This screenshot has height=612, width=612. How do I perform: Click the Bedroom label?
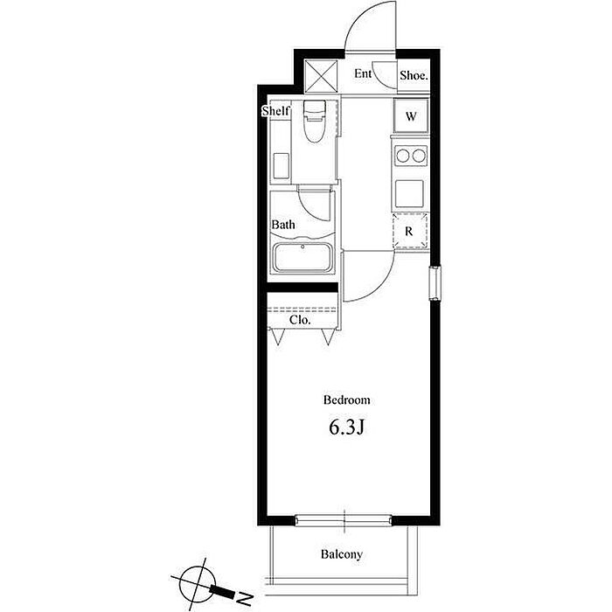pos(346,400)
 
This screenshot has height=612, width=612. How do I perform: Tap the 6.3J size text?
pos(346,428)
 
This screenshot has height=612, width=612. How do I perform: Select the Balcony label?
pos(342,554)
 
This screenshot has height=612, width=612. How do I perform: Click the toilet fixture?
pos(314,121)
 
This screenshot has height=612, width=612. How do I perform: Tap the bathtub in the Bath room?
pos(303,258)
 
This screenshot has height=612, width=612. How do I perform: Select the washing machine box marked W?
pos(411,116)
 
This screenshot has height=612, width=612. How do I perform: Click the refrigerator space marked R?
pos(410,231)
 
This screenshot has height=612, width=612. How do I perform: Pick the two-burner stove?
pos(411,156)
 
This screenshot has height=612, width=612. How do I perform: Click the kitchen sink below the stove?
pos(409,193)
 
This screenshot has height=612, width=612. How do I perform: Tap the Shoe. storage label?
pos(414,75)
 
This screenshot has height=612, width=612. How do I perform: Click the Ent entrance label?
pos(363,73)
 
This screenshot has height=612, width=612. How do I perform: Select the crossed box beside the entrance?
pos(321,76)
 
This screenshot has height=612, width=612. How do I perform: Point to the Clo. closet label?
pos(300,320)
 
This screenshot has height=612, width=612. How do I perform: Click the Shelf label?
pos(276,111)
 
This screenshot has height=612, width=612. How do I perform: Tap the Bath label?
pos(283,225)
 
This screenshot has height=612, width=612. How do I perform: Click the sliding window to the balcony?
pos(344,520)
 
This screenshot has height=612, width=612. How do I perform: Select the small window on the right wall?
pos(435,283)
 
